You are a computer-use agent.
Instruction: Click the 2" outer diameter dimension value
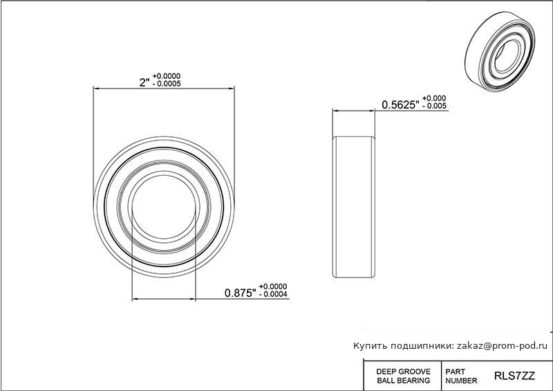[x=144, y=82]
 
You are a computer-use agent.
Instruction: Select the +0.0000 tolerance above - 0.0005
[x=167, y=76]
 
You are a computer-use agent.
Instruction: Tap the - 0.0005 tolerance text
[x=167, y=84]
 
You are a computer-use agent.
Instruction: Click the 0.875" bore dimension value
[x=240, y=293]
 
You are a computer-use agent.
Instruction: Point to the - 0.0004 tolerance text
[x=273, y=294]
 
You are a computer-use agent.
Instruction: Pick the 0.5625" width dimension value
[x=401, y=104]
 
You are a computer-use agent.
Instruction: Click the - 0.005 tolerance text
[x=434, y=106]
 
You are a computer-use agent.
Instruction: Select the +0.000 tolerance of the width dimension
[x=434, y=98]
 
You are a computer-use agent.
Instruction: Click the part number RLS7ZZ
[x=514, y=376]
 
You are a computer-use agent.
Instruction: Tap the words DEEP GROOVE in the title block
[x=404, y=372]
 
